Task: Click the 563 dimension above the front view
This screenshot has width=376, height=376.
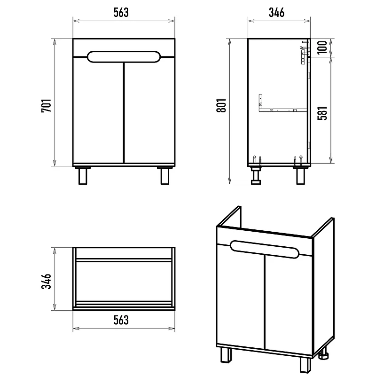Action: pyautogui.click(x=121, y=13)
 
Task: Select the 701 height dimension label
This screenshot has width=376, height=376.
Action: pyautogui.click(x=46, y=105)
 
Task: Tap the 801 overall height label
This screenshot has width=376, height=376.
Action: pyautogui.click(x=221, y=105)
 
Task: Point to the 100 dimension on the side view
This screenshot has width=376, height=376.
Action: pyautogui.click(x=322, y=47)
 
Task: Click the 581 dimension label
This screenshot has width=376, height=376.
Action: pyautogui.click(x=322, y=113)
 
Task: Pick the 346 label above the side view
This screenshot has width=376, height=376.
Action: pyautogui.click(x=276, y=13)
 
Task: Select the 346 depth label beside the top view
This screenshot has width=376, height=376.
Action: pyautogui.click(x=46, y=281)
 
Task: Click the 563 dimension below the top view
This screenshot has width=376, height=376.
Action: pyautogui.click(x=121, y=320)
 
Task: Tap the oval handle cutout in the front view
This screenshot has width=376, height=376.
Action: pyautogui.click(x=124, y=57)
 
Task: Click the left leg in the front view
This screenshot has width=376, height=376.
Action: pyautogui.click(x=83, y=176)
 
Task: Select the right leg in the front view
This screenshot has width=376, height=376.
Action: pyautogui.click(x=165, y=176)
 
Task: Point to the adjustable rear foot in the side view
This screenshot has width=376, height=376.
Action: pyautogui.click(x=256, y=175)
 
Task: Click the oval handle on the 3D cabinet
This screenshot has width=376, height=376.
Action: pyautogui.click(x=265, y=250)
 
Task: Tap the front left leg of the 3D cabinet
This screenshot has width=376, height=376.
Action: pyautogui.click(x=226, y=355)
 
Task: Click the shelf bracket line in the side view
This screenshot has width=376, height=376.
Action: pyautogui.click(x=282, y=110)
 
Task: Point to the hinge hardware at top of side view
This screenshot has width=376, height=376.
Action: pyautogui.click(x=305, y=53)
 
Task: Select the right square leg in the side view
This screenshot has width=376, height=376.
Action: pyautogui.click(x=300, y=176)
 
